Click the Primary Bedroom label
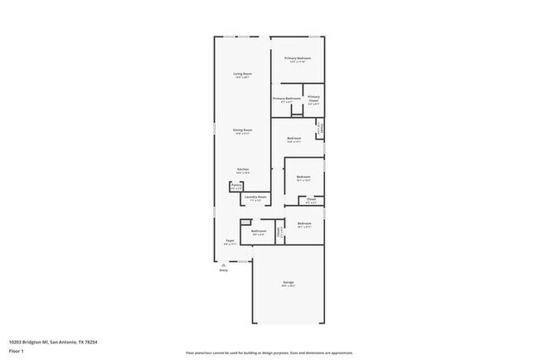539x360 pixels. click(x=298, y=58)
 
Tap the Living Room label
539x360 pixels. click(x=242, y=75)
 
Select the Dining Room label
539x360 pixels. click(x=242, y=130)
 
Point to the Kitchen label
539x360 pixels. click(x=242, y=169)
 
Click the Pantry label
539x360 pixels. click(x=236, y=185)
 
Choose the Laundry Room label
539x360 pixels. click(x=255, y=197)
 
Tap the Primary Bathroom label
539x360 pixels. click(x=286, y=99)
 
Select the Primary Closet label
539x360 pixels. click(x=313, y=100)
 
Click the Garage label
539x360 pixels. click(x=288, y=282)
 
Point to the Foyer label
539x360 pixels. click(x=230, y=241)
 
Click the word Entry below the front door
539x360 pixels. click(x=223, y=270)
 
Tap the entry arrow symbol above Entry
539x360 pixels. click(x=223, y=265)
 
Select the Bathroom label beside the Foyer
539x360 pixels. click(x=258, y=231)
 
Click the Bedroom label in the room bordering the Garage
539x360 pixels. click(x=304, y=223)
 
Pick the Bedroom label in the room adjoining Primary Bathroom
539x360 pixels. click(x=294, y=138)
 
